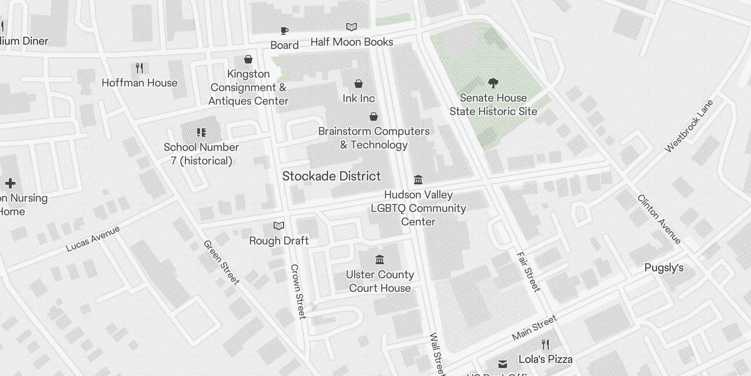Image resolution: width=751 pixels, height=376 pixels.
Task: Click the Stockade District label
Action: pos(331,176)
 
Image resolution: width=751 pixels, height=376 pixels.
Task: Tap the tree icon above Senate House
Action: pos(493,84)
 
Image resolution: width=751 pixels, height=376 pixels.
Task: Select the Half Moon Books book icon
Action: pos(352,27)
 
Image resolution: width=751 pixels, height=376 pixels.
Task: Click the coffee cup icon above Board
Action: pos(284,31)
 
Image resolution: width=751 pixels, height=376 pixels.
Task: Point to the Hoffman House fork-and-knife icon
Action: pos(139,68)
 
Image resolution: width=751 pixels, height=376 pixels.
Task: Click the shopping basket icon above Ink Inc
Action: pos(359,84)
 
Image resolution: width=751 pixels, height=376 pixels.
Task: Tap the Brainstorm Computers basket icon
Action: pos(374,117)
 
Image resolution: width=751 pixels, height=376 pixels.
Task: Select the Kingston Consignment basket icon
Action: pos(248,59)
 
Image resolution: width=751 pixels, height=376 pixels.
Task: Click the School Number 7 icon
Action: pos(201,133)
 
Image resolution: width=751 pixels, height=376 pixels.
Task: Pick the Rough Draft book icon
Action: pos(279,226)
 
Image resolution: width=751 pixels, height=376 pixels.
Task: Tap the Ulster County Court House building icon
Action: pos(380,259)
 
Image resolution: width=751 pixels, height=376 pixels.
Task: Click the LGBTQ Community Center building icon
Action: pos(418,180)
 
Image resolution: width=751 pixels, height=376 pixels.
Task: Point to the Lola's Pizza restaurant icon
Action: pos(545,345)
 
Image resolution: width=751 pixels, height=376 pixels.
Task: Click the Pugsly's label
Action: pos(664,268)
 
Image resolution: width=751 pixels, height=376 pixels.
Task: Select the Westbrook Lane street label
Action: pos(689,126)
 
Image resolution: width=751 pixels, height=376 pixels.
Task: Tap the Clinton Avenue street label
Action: pos(659,219)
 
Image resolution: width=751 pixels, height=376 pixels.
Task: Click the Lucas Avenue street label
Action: pos(93,238)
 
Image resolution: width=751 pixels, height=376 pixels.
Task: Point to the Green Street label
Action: pos(221,262)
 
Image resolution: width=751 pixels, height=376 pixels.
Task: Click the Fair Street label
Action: pos(529,272)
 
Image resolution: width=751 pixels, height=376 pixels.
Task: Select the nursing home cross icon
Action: pos(10,183)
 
